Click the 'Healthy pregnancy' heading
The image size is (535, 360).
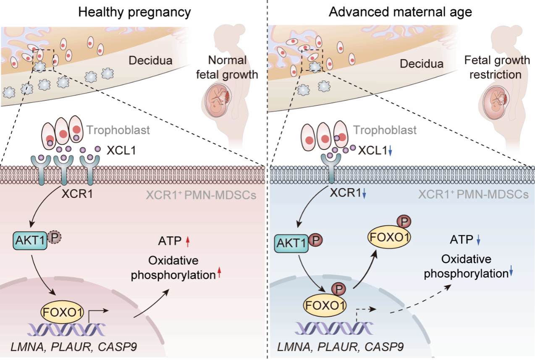point(134,12)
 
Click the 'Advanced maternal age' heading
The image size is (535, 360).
point(400,12)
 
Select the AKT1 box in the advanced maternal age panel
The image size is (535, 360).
point(291,244)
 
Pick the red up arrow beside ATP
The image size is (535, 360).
point(188,241)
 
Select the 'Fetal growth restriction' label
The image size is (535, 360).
point(497,67)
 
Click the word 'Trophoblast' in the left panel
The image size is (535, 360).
point(118,130)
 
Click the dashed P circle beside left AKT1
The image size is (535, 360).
point(53,237)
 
